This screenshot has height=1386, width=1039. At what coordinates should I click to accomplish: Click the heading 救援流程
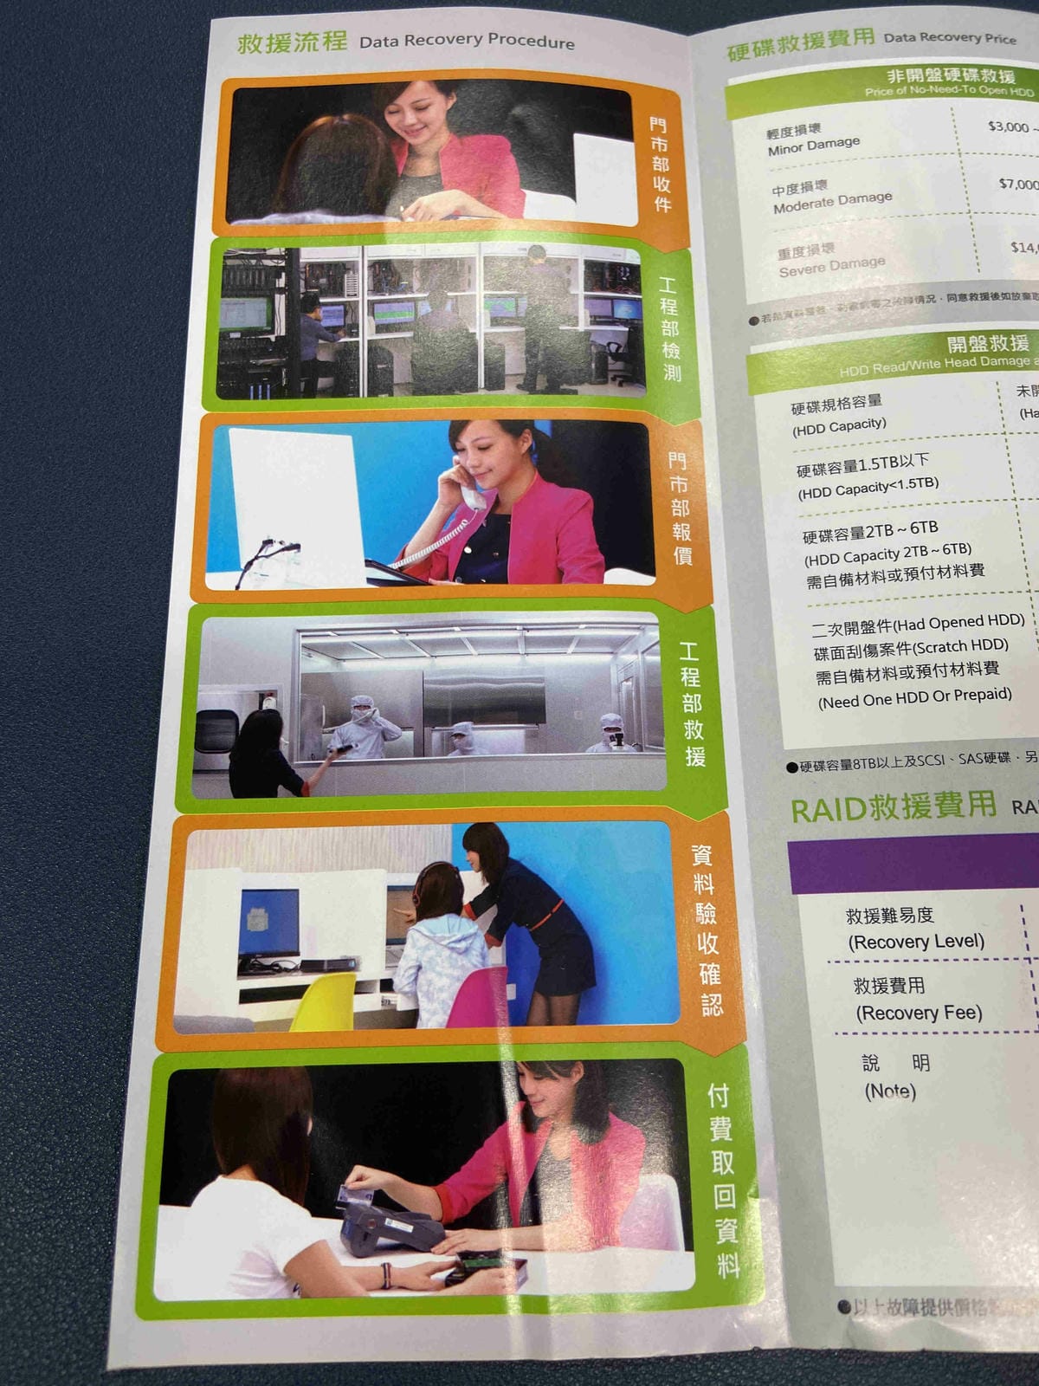(292, 41)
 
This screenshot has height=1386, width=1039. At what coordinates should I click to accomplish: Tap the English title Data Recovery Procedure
(467, 41)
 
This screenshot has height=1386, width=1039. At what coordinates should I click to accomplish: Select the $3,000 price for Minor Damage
(1008, 126)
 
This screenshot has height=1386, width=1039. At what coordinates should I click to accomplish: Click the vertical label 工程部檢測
(670, 329)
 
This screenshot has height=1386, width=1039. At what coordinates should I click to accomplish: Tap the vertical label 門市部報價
(680, 508)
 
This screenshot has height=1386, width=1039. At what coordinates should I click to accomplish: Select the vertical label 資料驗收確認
(706, 929)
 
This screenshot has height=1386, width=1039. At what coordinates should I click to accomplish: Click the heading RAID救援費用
(894, 806)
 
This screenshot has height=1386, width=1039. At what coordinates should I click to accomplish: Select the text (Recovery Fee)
(919, 1013)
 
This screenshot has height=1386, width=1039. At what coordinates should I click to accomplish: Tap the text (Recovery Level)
(916, 942)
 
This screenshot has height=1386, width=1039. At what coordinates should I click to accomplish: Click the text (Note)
(890, 1091)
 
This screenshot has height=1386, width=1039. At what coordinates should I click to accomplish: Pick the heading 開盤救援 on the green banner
(988, 343)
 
